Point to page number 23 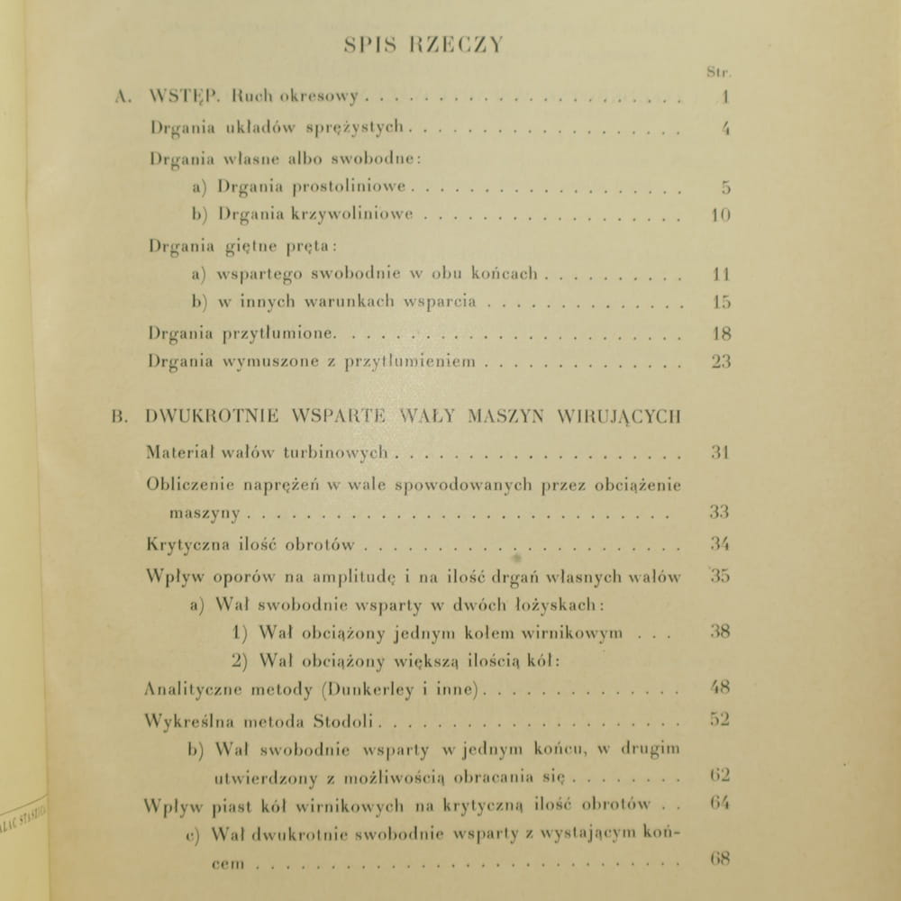point(719,362)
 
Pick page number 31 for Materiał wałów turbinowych point(718,453)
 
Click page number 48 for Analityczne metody point(718,689)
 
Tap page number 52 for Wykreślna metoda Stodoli point(718,719)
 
